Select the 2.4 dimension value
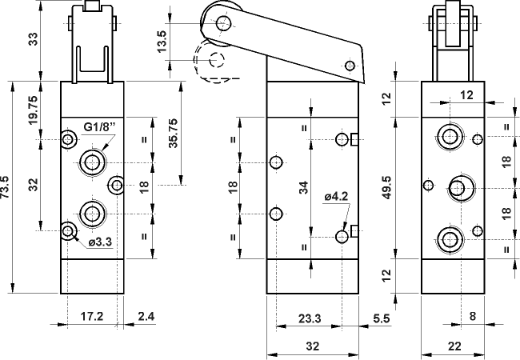pos(146,317)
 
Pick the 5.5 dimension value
pos(381,318)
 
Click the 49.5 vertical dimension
pos(388,190)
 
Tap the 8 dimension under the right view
pos(473,317)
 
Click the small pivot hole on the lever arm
pos(348,66)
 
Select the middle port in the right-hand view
pos(458,189)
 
